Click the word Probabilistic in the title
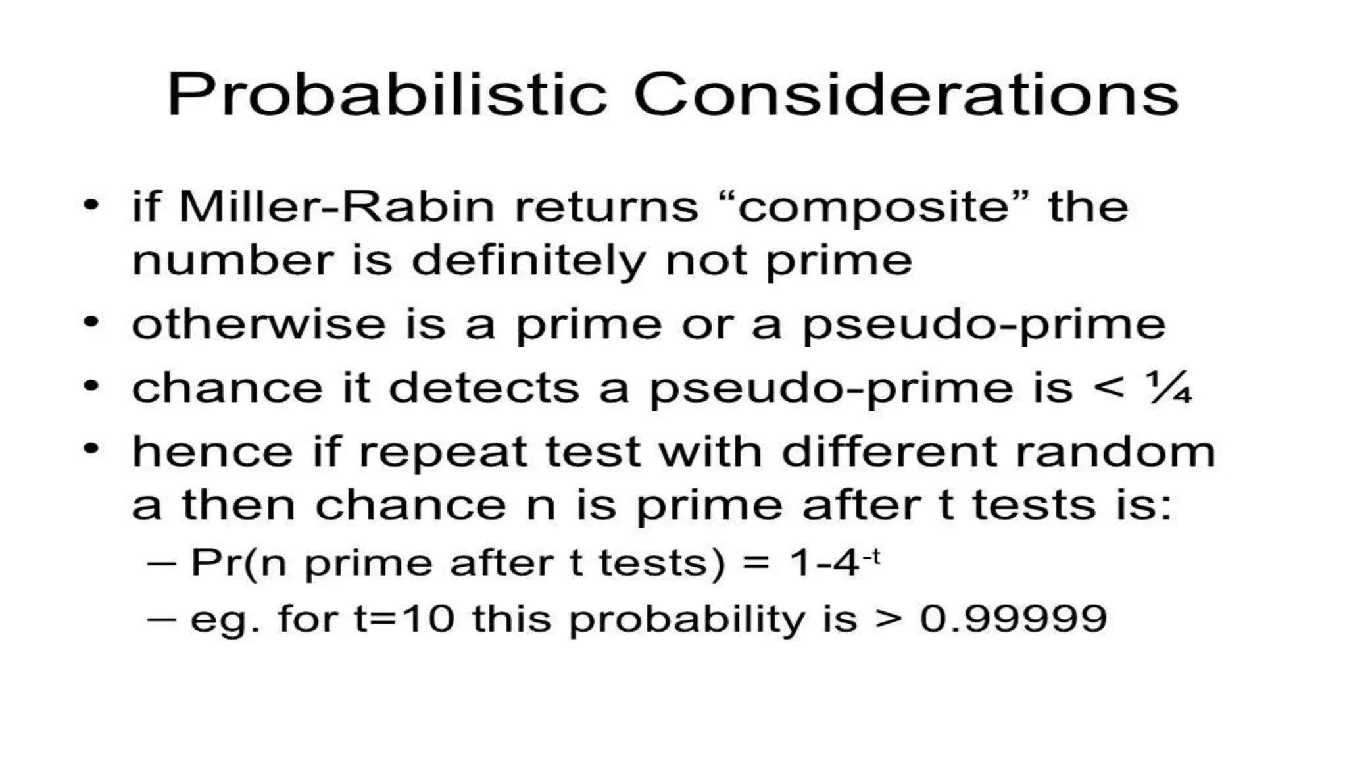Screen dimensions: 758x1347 [387, 95]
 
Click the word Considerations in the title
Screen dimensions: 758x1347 [906, 95]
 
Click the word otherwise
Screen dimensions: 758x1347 [258, 324]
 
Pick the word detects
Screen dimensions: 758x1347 [483, 388]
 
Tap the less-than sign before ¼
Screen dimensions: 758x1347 [1109, 387]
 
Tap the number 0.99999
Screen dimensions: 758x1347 [1013, 619]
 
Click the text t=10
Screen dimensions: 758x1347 [404, 619]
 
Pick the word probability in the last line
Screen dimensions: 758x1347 [687, 620]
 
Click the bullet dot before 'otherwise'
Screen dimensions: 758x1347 [91, 322]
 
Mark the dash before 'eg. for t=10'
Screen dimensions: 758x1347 [162, 619]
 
